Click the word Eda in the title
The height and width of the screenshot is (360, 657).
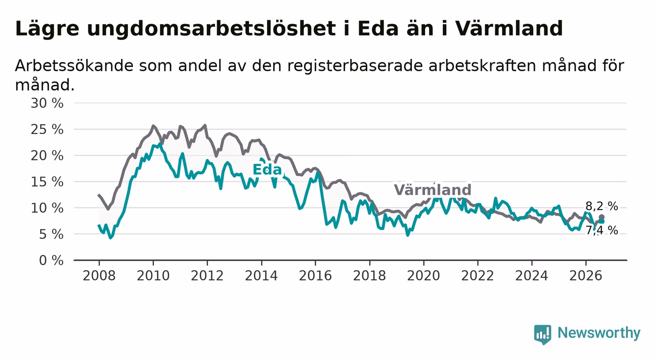point(378,29)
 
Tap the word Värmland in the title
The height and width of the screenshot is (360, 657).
point(509,29)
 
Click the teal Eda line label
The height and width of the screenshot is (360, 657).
point(267,170)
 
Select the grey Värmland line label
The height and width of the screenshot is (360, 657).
point(432,190)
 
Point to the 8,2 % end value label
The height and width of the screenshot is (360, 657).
point(602,206)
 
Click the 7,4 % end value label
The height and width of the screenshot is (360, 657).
point(602,231)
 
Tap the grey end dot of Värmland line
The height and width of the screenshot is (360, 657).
point(601,217)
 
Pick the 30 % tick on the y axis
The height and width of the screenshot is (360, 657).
point(47,103)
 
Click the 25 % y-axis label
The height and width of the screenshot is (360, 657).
point(47,129)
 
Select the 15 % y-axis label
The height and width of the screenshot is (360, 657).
point(47,182)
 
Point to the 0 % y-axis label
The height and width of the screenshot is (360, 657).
point(51,260)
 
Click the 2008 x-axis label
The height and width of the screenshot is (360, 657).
point(99,276)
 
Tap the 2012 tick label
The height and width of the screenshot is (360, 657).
point(207,276)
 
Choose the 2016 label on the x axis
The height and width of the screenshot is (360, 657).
point(315,276)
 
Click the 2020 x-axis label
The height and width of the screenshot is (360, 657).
point(424,276)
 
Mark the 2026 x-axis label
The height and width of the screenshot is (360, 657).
point(586,276)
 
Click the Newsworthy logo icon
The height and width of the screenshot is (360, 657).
point(543,334)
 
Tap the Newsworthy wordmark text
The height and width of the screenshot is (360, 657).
point(599,334)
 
